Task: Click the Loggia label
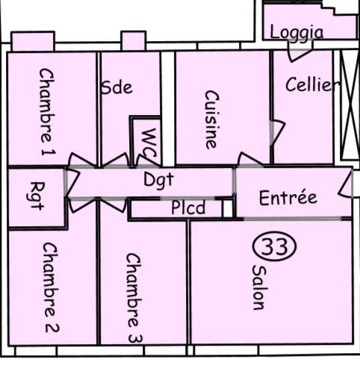pos(297,33)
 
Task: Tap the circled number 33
pos(275,246)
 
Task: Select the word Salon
pos(258,287)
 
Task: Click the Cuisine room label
pos(212,119)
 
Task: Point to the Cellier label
pos(312,84)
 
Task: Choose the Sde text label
pos(117,87)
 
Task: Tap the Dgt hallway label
pos(158,180)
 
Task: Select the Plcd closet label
pos(188,208)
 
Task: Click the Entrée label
pos(288,198)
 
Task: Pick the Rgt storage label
pos(36,196)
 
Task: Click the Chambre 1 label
pos(47,112)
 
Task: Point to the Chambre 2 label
pos(51,287)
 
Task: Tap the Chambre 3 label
pos(134,298)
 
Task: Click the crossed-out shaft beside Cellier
pos(350,105)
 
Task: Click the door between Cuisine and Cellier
pos(277,132)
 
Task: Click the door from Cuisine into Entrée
pos(250,160)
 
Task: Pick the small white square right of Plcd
pos(228,208)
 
